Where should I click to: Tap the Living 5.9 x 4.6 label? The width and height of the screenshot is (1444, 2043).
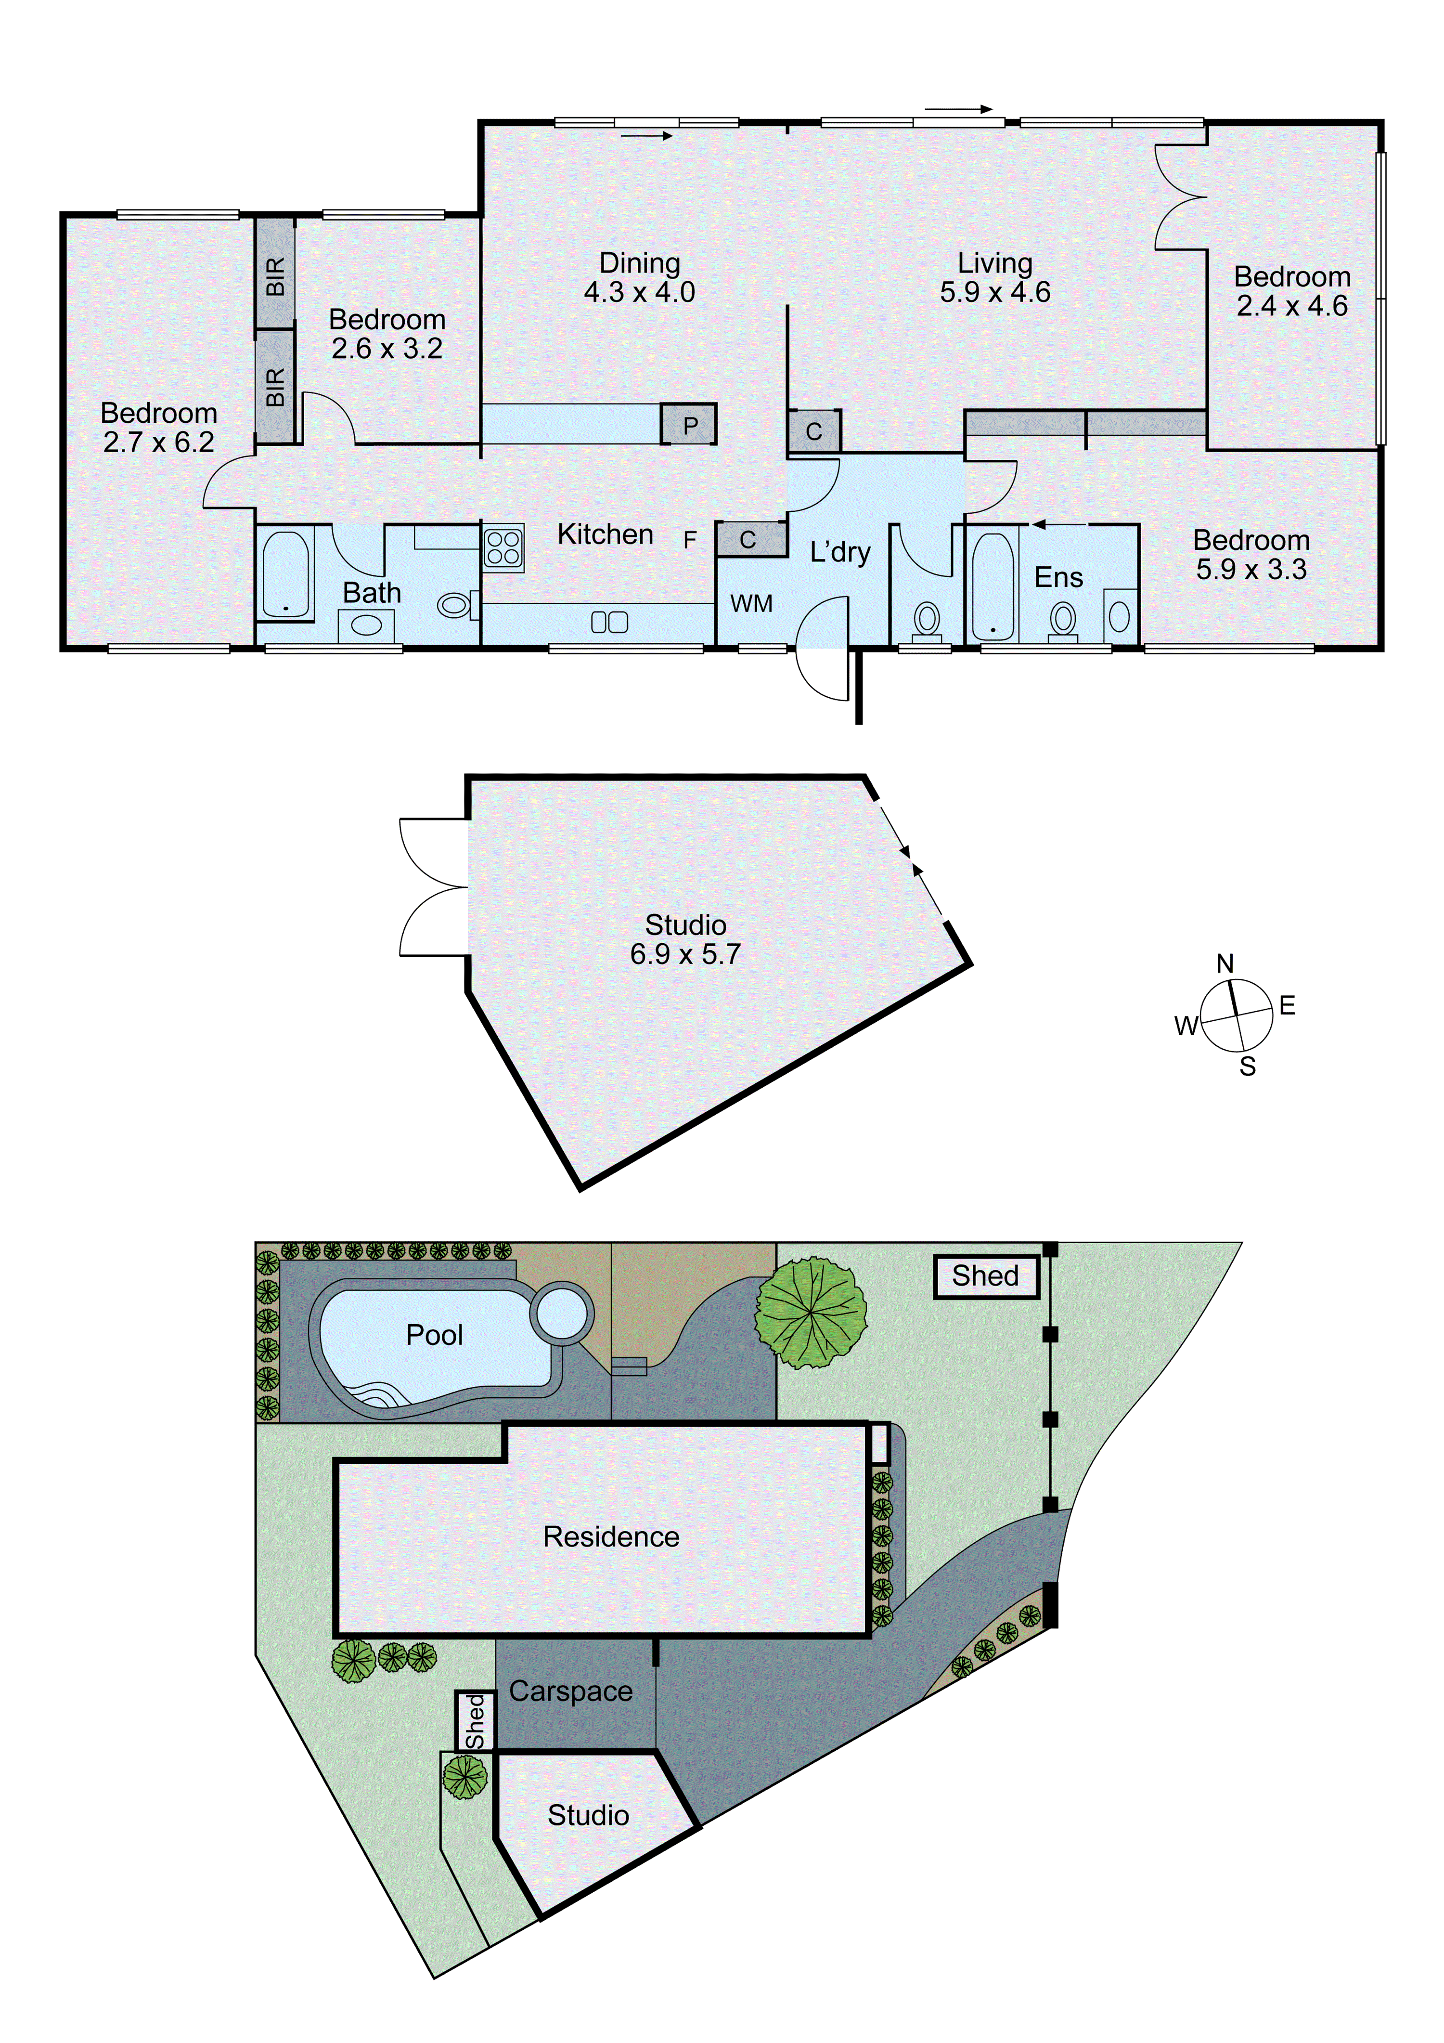click(x=995, y=278)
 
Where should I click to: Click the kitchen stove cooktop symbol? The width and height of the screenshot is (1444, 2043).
click(x=503, y=547)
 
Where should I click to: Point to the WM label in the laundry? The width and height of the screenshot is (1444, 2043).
click(x=751, y=604)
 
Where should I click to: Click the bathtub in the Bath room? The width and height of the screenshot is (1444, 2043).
click(x=285, y=574)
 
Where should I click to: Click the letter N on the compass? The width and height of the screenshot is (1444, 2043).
click(x=1225, y=963)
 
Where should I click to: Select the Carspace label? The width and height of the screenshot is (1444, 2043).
click(x=570, y=1692)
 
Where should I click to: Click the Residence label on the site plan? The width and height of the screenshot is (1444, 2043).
click(x=611, y=1536)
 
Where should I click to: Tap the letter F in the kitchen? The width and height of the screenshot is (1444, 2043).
click(x=690, y=540)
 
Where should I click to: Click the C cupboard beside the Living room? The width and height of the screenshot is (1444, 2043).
click(x=813, y=431)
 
